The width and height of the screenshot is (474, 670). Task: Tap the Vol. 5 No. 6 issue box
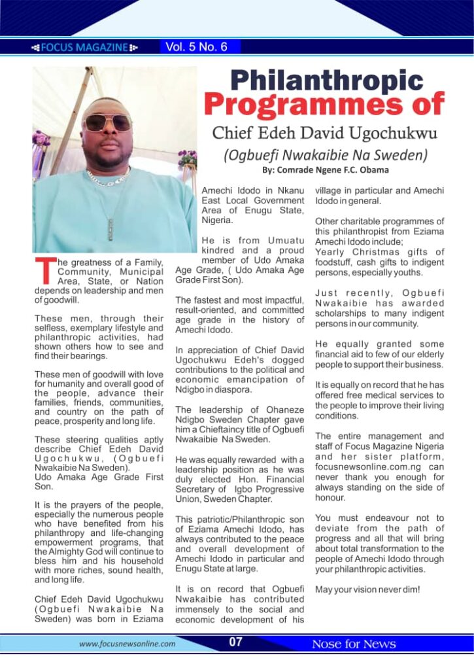pyautogui.click(x=196, y=46)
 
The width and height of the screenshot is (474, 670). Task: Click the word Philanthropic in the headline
pyautogui.click(x=326, y=80)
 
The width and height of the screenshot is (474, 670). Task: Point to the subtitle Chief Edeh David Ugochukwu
pyautogui.click(x=324, y=133)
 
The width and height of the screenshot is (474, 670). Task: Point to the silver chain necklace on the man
pyautogui.click(x=109, y=179)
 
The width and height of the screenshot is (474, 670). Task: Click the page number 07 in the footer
pyautogui.click(x=236, y=643)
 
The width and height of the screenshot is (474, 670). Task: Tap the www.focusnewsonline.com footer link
pyautogui.click(x=127, y=644)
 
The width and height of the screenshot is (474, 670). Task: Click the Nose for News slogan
pyautogui.click(x=354, y=644)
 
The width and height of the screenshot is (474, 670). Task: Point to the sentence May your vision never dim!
pyautogui.click(x=367, y=590)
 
